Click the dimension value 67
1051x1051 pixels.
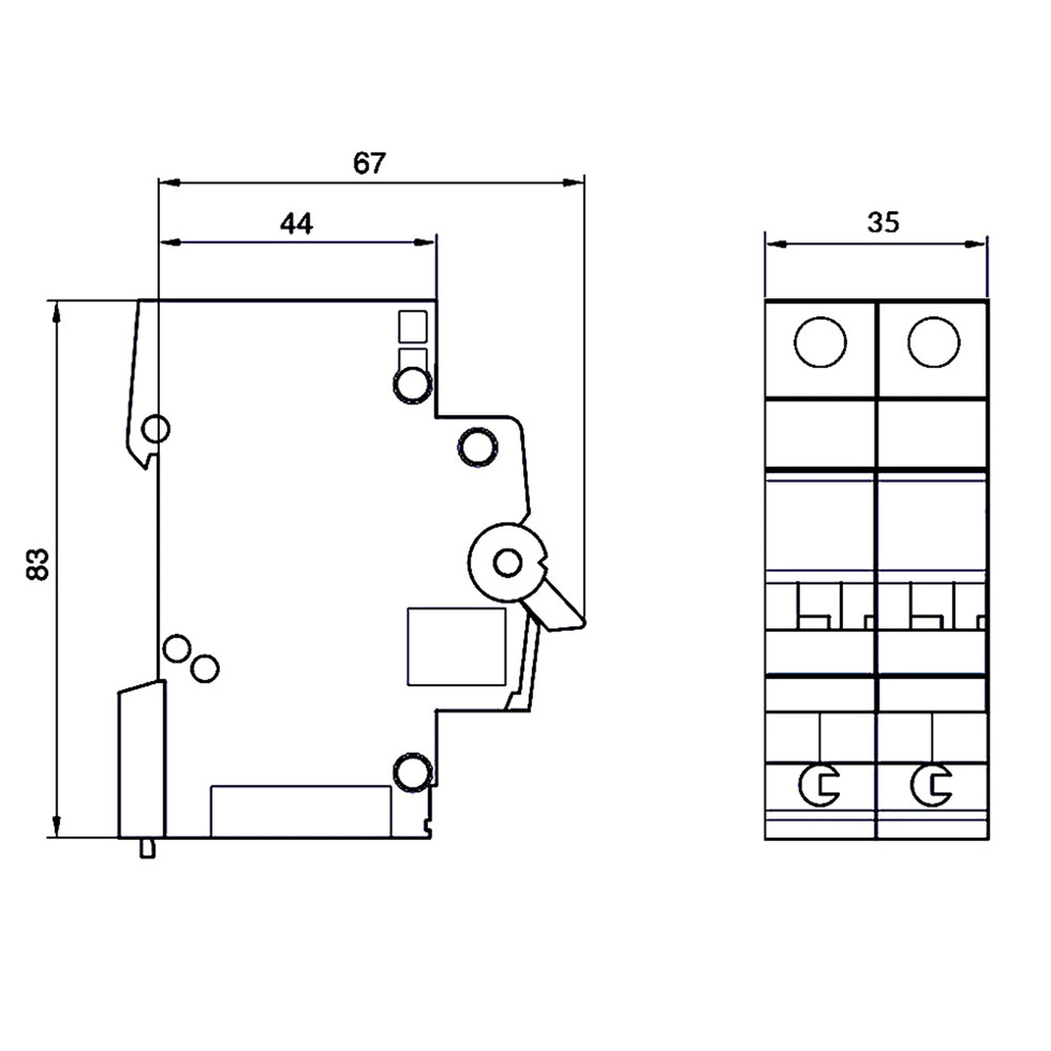coord(369,163)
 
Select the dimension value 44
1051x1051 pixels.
coord(297,224)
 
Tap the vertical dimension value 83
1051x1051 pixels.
coord(38,564)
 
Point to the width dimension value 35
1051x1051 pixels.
coord(883,223)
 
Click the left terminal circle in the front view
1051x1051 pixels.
coord(820,342)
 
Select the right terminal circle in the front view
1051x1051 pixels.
coord(933,342)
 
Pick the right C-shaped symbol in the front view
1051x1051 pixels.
coord(932,785)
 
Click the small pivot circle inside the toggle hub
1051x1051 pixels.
coord(508,562)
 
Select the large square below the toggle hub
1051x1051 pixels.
coord(456,646)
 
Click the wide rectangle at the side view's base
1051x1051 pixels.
coord(300,811)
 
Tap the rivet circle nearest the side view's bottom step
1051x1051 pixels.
coord(412,772)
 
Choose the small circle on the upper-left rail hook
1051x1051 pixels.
coord(155,429)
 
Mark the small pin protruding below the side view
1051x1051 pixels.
coord(148,848)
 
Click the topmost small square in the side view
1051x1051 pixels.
coord(412,327)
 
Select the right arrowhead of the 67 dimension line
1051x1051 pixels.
coord(575,182)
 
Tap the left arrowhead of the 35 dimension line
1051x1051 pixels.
coord(775,244)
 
